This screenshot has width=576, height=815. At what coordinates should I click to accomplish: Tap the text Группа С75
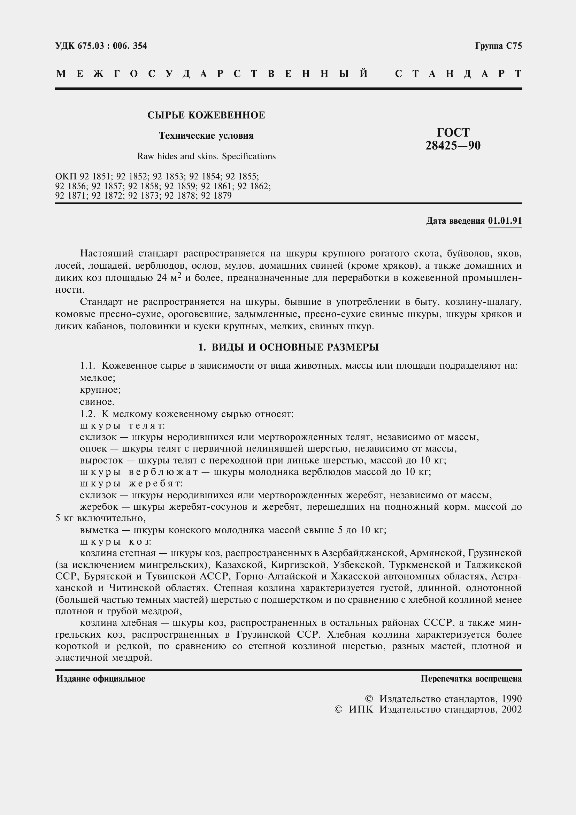498,46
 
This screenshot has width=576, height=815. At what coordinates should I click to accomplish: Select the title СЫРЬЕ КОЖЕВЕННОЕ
206,115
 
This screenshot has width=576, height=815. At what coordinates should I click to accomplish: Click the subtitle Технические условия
206,136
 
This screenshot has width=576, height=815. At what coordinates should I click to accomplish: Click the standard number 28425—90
453,146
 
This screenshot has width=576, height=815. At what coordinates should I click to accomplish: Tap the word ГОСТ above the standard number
453,132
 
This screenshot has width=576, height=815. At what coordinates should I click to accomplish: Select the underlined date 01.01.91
505,221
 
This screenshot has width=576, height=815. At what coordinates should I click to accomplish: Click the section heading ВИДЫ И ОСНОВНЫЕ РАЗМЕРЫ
295,347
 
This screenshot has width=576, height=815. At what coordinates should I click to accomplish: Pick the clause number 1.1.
88,366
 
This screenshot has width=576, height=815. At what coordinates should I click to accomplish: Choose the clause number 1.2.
88,414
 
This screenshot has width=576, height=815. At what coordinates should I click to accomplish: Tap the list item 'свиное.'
97,402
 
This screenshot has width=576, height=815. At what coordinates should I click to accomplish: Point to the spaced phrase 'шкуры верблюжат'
139,472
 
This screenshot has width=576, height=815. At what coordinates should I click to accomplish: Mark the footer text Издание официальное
101,679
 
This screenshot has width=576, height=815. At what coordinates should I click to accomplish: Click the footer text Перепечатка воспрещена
471,679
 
